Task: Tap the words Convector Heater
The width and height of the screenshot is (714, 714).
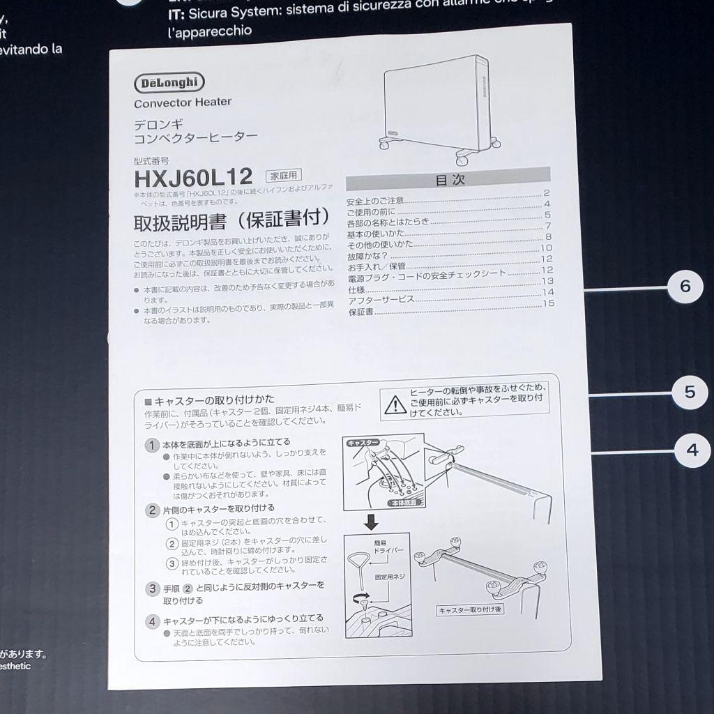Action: tap(183, 102)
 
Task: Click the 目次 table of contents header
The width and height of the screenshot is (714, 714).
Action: tap(449, 178)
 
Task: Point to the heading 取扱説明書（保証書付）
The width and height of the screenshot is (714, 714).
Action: tap(231, 221)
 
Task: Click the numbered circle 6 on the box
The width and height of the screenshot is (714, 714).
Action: tap(685, 287)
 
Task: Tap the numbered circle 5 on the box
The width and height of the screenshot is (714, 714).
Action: tap(690, 393)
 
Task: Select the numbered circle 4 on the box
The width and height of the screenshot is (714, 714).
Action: tap(692, 450)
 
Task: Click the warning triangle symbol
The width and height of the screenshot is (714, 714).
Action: tap(395, 404)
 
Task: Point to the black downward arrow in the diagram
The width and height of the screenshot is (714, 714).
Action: tap(372, 521)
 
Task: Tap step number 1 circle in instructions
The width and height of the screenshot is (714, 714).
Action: tap(151, 443)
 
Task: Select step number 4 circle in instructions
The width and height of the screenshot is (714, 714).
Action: tap(152, 621)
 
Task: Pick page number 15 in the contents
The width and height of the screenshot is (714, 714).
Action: tap(548, 303)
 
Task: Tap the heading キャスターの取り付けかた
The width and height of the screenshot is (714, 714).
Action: tap(208, 402)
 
